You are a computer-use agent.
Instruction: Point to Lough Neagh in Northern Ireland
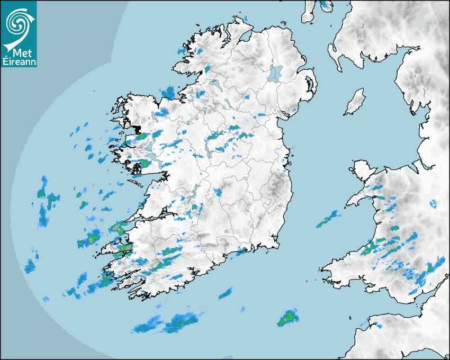[275, 73]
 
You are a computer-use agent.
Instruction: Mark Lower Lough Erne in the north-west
[214, 85]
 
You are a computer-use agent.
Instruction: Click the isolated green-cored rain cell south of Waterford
[288, 318]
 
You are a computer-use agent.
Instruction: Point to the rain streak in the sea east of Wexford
[328, 219]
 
